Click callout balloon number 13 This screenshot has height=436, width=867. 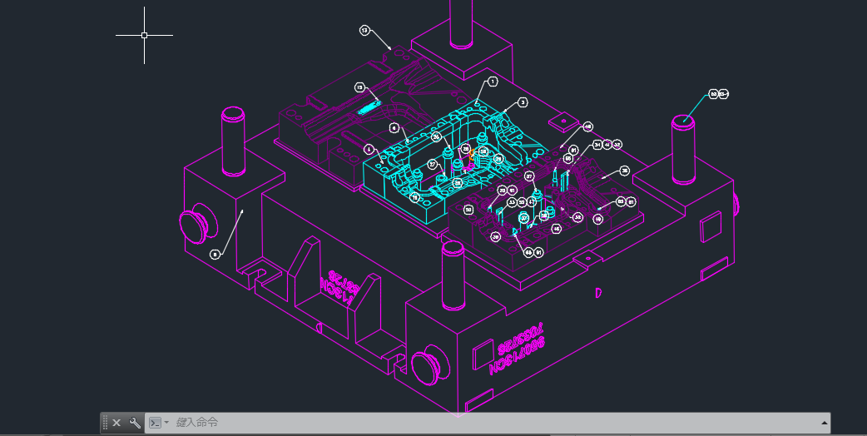[x=364, y=30]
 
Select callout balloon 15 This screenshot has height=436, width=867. [x=359, y=87]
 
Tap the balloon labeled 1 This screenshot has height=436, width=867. [x=493, y=82]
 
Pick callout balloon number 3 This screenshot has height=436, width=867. [x=523, y=102]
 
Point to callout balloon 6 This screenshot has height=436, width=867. [x=394, y=128]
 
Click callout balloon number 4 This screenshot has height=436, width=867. [x=369, y=149]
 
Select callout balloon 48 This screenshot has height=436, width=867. [x=588, y=127]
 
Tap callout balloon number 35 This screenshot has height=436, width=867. [x=625, y=171]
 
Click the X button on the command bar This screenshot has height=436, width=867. [x=116, y=423]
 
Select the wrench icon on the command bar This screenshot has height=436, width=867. [x=135, y=423]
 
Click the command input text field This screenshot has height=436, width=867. [x=491, y=423]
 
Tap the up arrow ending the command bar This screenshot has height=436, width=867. [x=824, y=423]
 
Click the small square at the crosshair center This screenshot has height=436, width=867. [x=144, y=36]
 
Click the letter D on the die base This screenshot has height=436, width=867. [x=598, y=293]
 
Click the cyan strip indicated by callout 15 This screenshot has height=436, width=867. [x=368, y=106]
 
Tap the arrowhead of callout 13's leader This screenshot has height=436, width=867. [x=391, y=48]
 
